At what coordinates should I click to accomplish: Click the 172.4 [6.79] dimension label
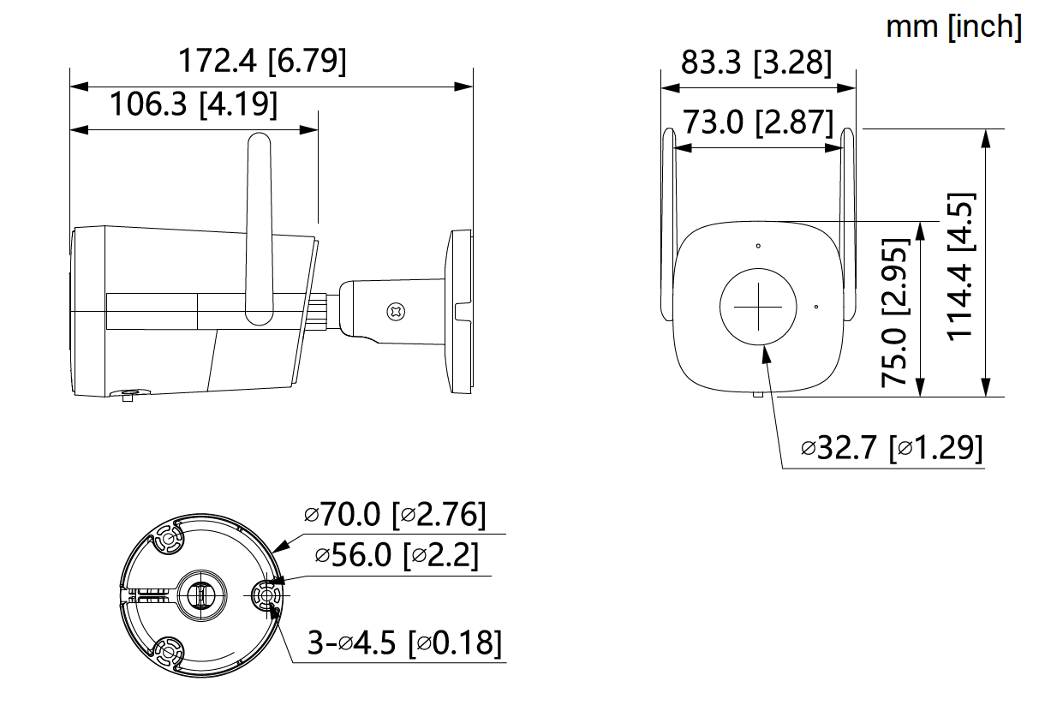tap(262, 62)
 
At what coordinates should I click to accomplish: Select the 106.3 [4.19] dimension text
tap(194, 105)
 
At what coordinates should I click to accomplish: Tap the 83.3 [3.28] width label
tap(756, 63)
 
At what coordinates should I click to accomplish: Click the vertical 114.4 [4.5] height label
tap(961, 266)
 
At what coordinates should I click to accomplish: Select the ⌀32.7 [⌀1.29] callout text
tap(892, 447)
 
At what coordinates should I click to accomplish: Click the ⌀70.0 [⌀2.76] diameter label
tap(395, 515)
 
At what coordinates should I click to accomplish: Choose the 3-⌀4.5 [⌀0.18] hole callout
tap(404, 642)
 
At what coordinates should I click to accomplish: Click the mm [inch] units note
tap(953, 27)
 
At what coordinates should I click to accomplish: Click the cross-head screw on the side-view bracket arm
tap(395, 312)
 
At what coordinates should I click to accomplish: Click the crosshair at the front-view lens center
tap(758, 307)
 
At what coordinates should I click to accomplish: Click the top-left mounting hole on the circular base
tap(165, 541)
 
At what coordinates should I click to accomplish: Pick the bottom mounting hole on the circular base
tap(166, 654)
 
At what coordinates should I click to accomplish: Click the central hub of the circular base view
tap(200, 594)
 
